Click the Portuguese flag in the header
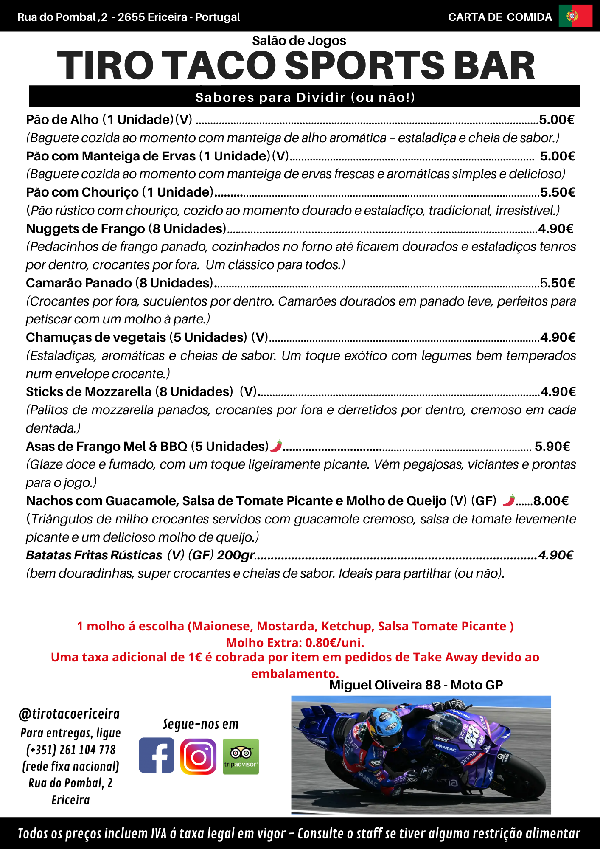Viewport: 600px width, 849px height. click(575, 17)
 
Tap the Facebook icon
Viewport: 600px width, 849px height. click(156, 755)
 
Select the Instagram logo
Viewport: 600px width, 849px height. click(198, 756)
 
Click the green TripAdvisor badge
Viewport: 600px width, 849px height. click(241, 756)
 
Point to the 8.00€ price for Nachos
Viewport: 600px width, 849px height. click(551, 501)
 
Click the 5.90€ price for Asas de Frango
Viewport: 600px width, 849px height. click(552, 447)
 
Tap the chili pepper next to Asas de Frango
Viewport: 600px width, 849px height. click(276, 446)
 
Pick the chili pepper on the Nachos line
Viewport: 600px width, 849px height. click(509, 500)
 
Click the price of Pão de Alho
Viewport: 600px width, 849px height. click(556, 120)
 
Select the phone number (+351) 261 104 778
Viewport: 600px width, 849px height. click(71, 750)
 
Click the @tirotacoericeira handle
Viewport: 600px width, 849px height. click(69, 714)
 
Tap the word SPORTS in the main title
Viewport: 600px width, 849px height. click(364, 66)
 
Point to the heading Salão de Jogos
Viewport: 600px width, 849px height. click(299, 41)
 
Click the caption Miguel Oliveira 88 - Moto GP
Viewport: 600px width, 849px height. click(416, 685)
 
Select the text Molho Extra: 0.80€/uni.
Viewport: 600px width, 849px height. click(295, 643)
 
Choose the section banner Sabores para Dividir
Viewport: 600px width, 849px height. click(305, 97)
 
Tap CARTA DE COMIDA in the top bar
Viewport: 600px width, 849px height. click(500, 17)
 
